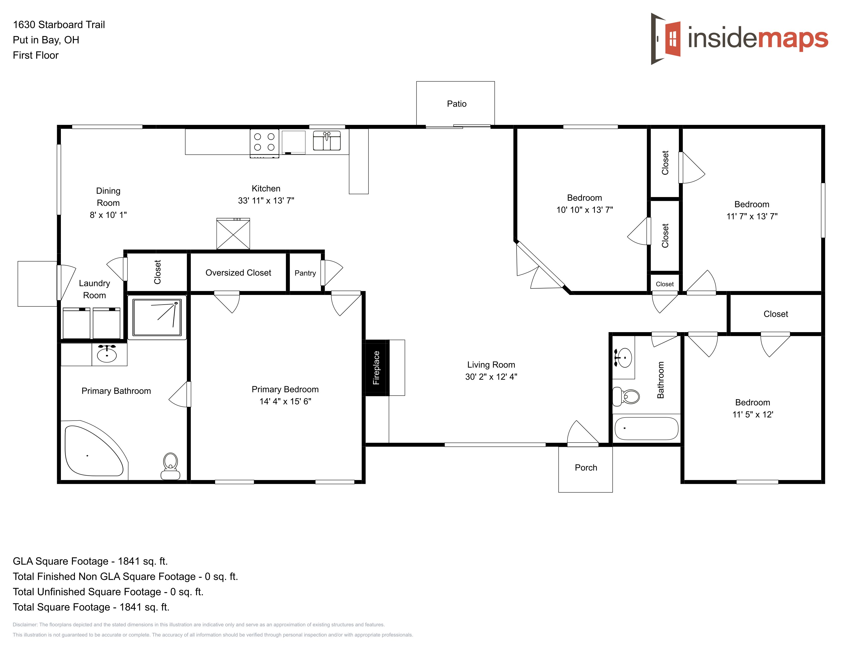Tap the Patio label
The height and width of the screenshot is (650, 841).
(457, 104)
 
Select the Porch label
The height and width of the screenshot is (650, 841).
(586, 467)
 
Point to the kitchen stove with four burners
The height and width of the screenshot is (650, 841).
(264, 143)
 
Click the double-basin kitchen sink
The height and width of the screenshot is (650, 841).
(326, 140)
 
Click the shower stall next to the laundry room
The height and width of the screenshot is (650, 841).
(157, 318)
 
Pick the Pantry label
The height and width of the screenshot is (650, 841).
(305, 273)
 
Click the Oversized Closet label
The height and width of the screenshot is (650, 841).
(238, 273)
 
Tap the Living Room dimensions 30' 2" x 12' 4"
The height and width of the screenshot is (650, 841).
(491, 376)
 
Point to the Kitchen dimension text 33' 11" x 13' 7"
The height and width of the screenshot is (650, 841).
(266, 201)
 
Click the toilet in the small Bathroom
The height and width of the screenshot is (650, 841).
(626, 396)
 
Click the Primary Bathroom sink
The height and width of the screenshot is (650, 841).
(107, 354)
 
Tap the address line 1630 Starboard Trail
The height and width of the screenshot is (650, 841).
(59, 25)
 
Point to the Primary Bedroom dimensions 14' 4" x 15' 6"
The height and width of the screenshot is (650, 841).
(285, 401)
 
